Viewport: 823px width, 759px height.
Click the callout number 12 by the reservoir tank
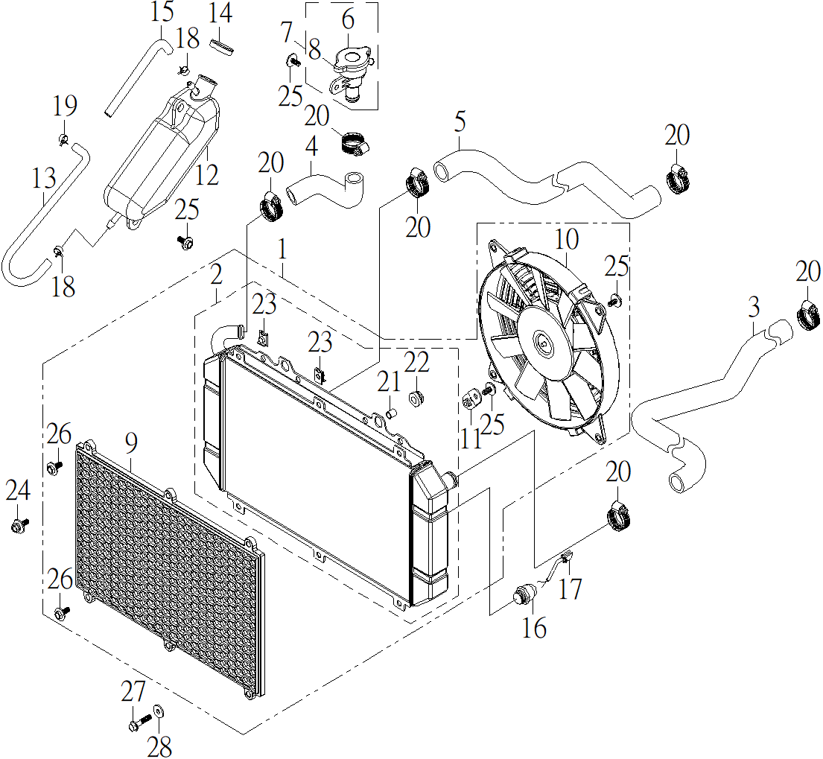click(x=206, y=174)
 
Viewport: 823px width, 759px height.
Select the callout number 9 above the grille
click(x=131, y=443)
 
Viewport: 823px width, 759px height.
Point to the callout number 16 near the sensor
click(x=534, y=627)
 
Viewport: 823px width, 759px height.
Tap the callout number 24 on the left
click(x=18, y=491)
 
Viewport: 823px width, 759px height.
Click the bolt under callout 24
click(x=19, y=524)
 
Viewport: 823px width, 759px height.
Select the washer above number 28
click(x=158, y=712)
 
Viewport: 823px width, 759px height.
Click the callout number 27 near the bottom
click(x=133, y=691)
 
